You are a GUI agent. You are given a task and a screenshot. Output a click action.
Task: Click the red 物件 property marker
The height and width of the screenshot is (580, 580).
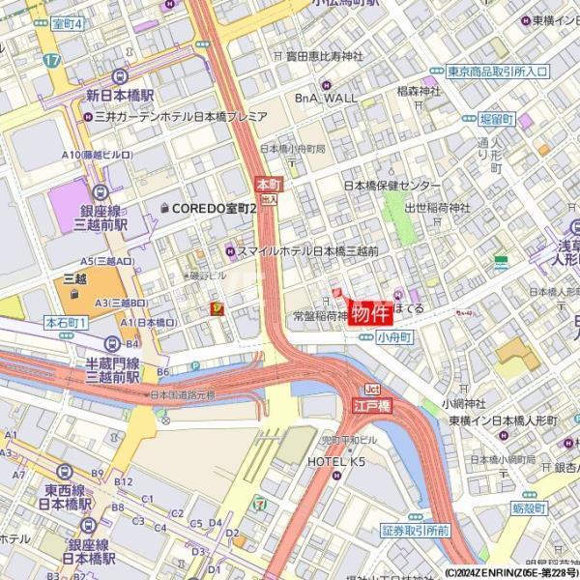pyautogui.click(x=370, y=313)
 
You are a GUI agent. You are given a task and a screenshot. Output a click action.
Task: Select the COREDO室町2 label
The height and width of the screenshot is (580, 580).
pyautogui.click(x=215, y=208)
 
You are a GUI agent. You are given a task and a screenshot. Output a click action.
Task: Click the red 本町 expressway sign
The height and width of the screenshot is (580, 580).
pyautogui.click(x=268, y=182)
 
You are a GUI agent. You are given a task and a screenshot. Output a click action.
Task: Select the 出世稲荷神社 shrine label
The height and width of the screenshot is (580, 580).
pyautogui.click(x=438, y=208)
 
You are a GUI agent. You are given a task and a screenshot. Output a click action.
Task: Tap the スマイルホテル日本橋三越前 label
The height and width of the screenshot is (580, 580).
pyautogui.click(x=307, y=250)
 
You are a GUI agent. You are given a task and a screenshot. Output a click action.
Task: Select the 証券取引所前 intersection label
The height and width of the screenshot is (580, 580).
pyautogui.click(x=415, y=531)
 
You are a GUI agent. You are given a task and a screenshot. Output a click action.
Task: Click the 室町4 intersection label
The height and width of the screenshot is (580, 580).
pyautogui.click(x=67, y=24)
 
